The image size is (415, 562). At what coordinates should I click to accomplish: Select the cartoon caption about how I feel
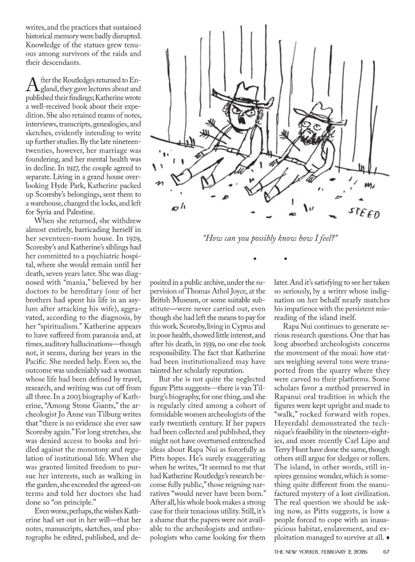coord(270,238)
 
